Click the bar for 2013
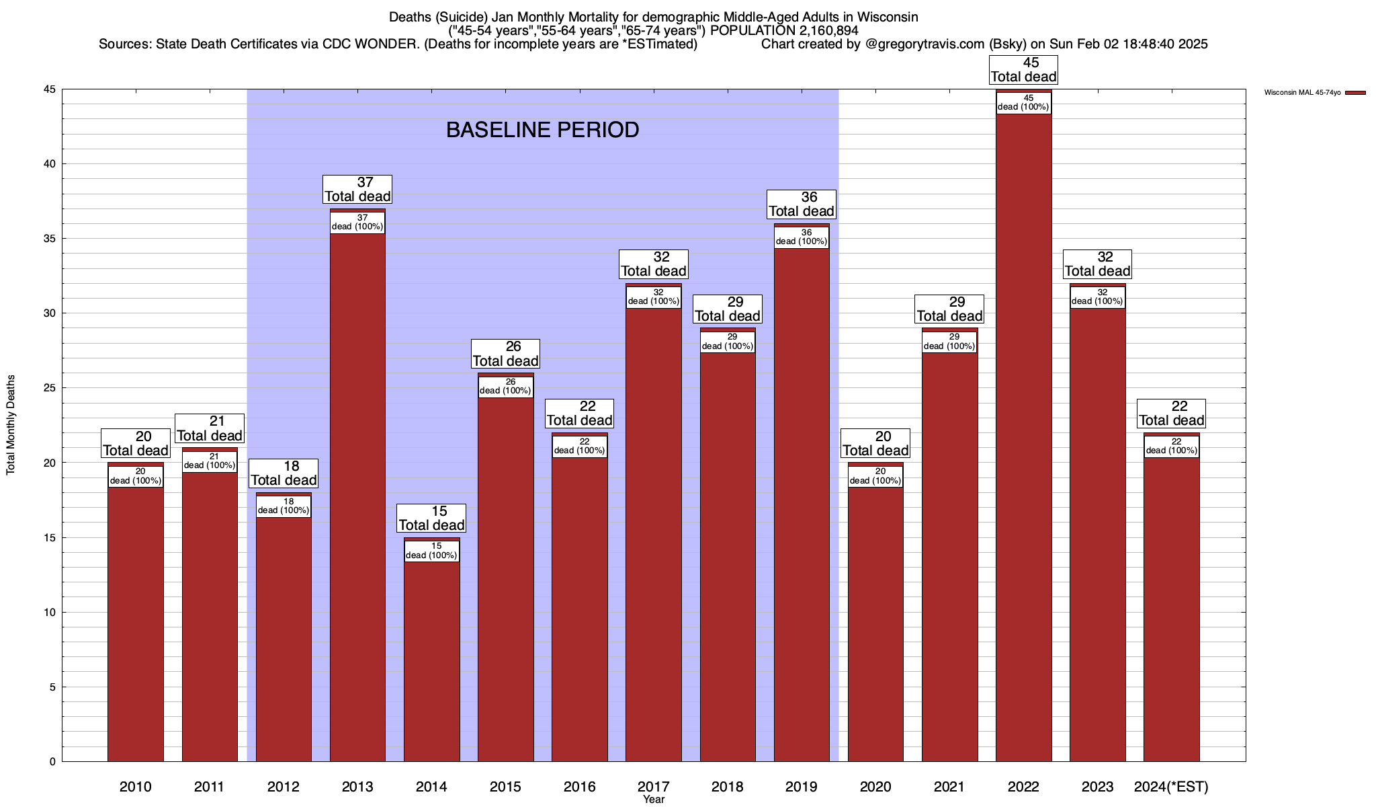coord(357,498)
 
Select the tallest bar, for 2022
coord(1023,437)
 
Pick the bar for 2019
coord(802,504)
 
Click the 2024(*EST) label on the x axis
coord(1171,786)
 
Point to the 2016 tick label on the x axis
coord(579,786)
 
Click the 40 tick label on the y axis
coord(50,164)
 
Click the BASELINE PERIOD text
coord(542,130)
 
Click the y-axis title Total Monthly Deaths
coord(11,425)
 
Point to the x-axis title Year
coord(653,800)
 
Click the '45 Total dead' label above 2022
coord(1023,70)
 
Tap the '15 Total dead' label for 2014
coord(431,518)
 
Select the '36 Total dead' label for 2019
coord(802,204)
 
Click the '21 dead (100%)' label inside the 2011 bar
coord(210,461)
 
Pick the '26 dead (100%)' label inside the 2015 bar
coord(505,387)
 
